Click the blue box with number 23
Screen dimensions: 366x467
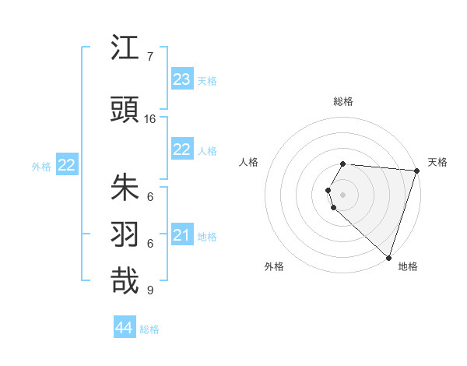click(182, 79)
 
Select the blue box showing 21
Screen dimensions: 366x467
click(182, 235)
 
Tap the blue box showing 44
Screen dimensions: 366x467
click(125, 328)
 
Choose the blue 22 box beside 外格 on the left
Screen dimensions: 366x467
click(67, 165)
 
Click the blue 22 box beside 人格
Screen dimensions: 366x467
click(182, 150)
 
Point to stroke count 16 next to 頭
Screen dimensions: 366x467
click(150, 119)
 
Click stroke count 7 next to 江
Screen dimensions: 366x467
click(149, 57)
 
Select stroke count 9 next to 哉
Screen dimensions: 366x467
click(149, 290)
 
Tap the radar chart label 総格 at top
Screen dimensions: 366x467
click(343, 101)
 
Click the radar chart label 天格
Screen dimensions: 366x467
click(437, 162)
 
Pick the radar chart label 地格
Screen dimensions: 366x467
click(408, 266)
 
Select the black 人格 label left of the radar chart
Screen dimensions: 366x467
click(249, 162)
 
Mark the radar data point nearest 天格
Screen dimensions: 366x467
click(417, 171)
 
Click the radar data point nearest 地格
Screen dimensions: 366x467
click(388, 257)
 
